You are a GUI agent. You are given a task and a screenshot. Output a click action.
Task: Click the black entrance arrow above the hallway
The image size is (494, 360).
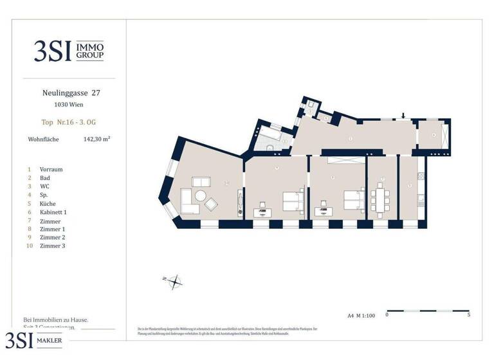(403, 116)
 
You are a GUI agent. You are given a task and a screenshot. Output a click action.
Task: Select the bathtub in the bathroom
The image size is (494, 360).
(273, 136)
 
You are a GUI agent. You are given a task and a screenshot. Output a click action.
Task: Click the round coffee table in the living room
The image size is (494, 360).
(201, 195)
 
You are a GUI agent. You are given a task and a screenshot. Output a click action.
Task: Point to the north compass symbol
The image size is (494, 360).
(175, 280)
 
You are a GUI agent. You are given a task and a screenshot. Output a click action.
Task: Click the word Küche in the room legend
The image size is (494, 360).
(48, 203)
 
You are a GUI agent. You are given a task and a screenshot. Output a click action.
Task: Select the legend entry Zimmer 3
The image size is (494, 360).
(52, 246)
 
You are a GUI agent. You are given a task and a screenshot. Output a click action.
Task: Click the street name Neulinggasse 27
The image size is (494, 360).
(67, 93)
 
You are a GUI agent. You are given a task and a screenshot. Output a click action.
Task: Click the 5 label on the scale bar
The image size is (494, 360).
(468, 315)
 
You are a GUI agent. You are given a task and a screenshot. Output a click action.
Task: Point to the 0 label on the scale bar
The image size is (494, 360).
(387, 315)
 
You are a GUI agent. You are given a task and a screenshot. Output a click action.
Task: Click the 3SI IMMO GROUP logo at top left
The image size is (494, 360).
(69, 51)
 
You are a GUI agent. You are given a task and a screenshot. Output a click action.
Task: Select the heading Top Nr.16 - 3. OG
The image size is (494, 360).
(68, 122)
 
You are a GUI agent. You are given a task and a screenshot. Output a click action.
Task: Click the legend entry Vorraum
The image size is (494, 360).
(51, 169)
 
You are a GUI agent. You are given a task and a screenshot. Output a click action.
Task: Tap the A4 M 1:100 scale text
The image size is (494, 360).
(361, 315)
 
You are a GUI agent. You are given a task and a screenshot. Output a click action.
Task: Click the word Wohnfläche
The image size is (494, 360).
(44, 138)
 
